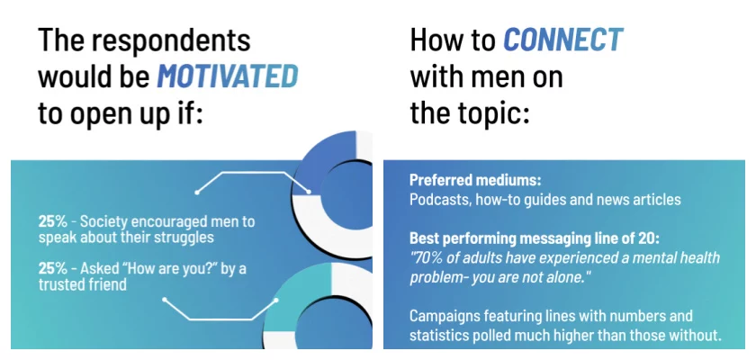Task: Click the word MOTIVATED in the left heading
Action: click(x=228, y=77)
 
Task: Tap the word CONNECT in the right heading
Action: click(x=563, y=40)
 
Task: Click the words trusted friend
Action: click(x=83, y=284)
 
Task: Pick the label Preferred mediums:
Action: click(x=475, y=181)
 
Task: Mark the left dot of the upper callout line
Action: click(x=197, y=193)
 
